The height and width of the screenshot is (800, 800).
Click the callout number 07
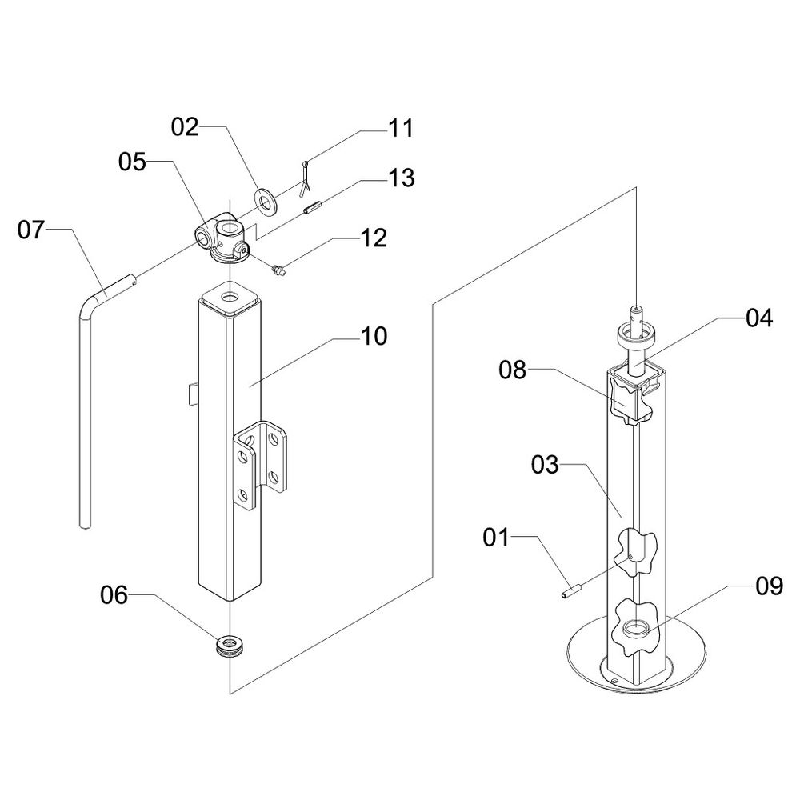31,230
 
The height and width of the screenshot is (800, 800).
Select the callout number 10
374,336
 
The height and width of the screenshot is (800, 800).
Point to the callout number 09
769,586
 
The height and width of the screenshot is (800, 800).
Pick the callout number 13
402,178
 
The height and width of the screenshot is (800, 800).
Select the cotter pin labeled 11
306,178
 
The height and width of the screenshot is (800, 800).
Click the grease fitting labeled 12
279,270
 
